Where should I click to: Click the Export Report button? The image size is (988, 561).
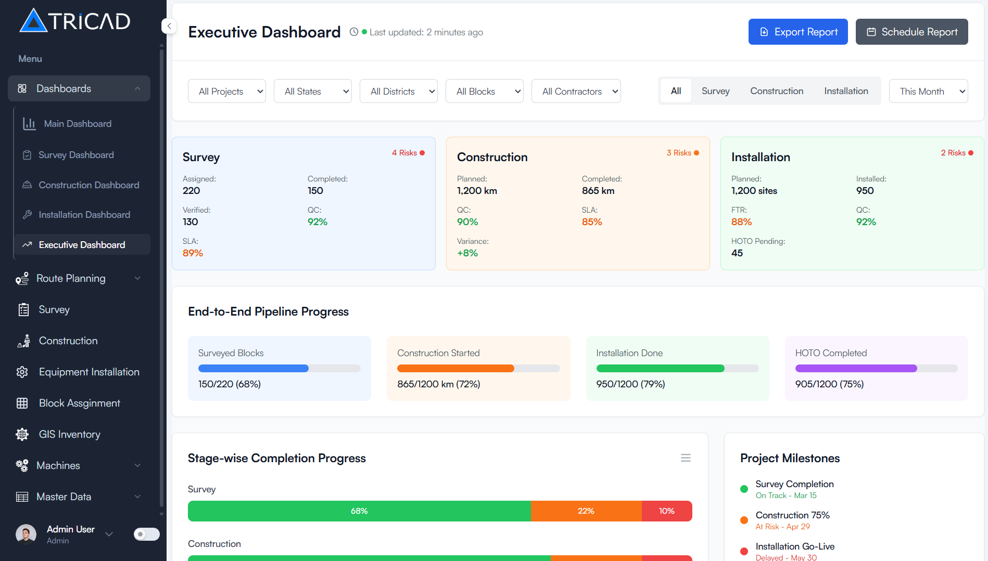[797, 32]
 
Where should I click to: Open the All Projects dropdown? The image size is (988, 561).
[226, 91]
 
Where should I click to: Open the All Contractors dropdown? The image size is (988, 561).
[576, 91]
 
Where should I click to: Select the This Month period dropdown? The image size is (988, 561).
[928, 91]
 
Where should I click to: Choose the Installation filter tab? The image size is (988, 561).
[846, 91]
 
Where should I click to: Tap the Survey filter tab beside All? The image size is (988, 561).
[715, 91]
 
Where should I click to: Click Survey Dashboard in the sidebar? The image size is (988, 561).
[76, 155]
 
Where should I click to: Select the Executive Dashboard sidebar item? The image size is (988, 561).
[82, 245]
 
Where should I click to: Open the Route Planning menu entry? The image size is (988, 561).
[71, 278]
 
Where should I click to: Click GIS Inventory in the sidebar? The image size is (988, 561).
[69, 434]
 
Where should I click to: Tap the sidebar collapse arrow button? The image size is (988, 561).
[169, 26]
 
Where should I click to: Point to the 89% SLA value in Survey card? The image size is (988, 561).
[193, 253]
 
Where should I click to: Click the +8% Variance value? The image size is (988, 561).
[467, 253]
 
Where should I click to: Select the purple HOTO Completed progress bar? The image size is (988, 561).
[856, 369]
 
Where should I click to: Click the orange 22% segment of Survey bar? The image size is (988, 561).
[586, 511]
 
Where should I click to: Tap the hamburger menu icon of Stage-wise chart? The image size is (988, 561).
[686, 458]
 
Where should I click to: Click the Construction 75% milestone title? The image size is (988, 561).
[792, 515]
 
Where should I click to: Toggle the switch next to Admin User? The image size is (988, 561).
[146, 534]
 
